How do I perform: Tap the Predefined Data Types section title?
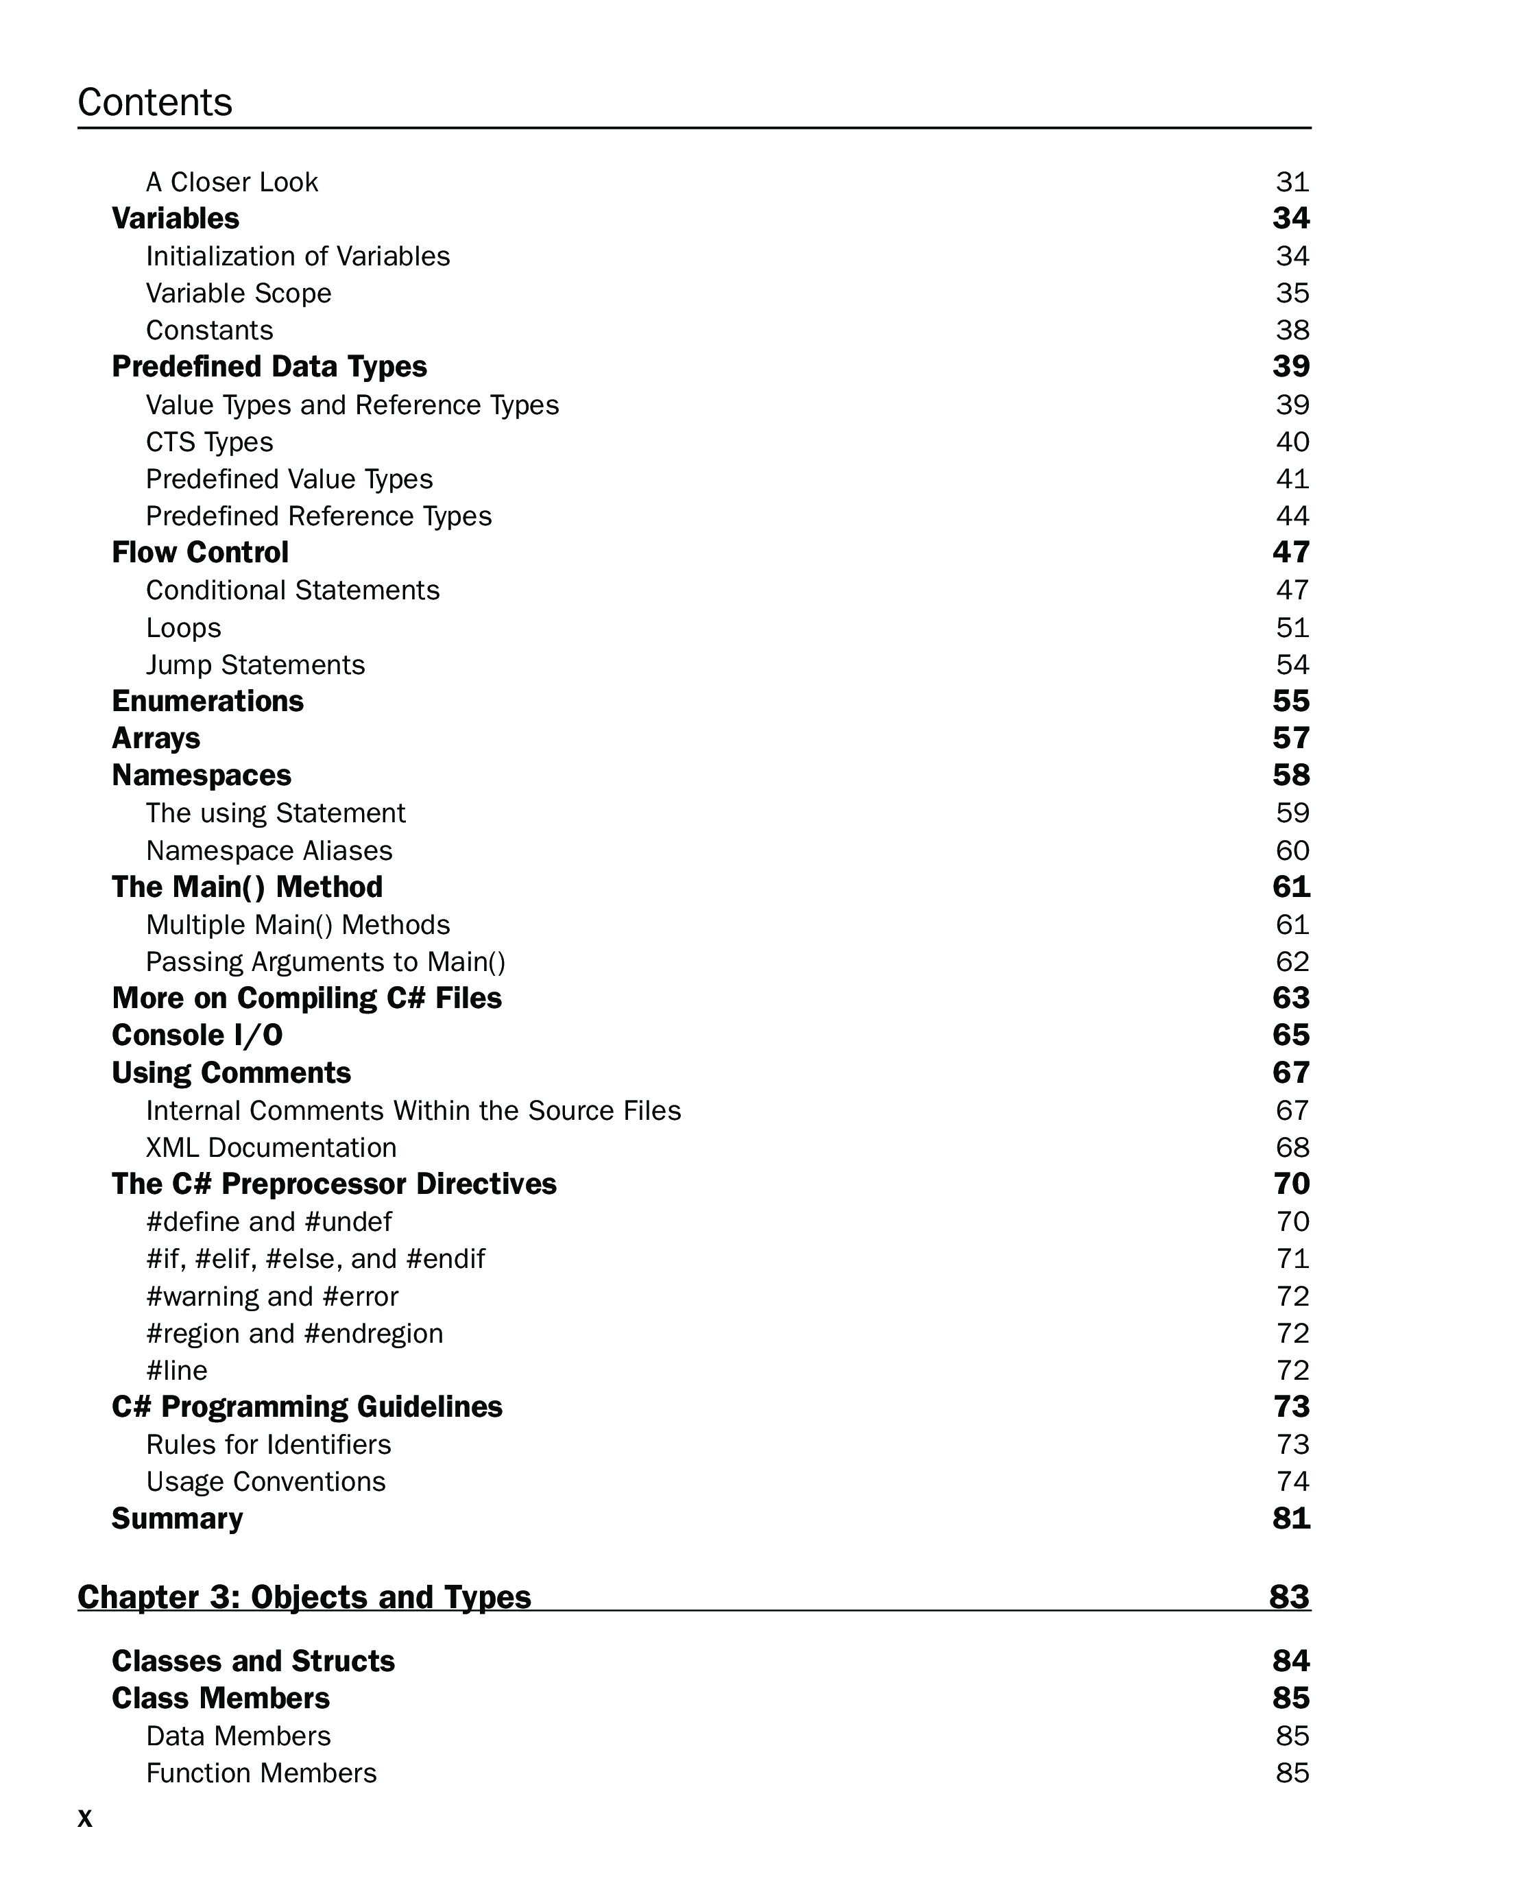click(269, 366)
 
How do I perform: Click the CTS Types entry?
click(209, 442)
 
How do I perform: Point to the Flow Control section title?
click(200, 553)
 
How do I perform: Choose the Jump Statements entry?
click(255, 665)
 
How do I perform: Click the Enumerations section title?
click(207, 701)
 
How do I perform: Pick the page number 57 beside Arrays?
click(1290, 738)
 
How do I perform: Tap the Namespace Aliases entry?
click(269, 850)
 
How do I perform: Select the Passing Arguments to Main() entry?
click(326, 961)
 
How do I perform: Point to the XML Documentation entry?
click(271, 1147)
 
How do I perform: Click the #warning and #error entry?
click(272, 1295)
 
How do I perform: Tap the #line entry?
click(176, 1370)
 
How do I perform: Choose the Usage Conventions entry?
click(265, 1481)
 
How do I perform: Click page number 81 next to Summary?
click(1290, 1518)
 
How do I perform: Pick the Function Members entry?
click(261, 1773)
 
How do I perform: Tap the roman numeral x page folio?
click(85, 1818)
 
